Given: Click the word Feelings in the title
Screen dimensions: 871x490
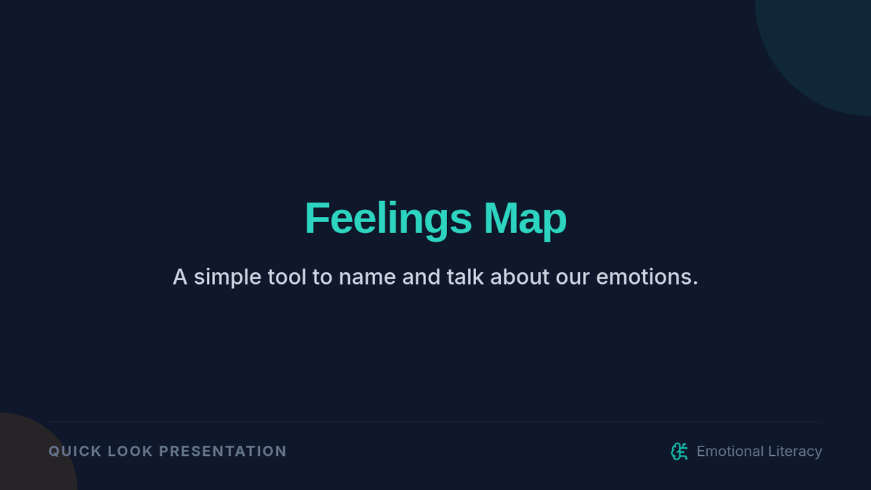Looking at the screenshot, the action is click(x=388, y=219).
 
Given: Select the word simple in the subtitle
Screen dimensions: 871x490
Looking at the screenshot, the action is click(x=227, y=277).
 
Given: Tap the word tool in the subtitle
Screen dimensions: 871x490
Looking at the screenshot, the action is click(x=287, y=277).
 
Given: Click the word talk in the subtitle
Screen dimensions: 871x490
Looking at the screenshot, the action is click(x=465, y=277).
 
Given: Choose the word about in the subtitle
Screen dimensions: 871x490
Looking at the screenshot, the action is click(x=520, y=277).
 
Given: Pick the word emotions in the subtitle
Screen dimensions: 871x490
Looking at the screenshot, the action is click(x=644, y=277).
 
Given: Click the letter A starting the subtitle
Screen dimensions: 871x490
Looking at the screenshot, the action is click(x=180, y=277).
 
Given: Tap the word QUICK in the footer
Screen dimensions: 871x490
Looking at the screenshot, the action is click(x=75, y=452).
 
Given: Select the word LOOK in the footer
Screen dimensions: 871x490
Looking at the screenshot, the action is click(x=130, y=452).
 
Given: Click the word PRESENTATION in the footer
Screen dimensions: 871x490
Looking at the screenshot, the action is click(x=223, y=452).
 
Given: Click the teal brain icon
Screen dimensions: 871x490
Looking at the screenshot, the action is click(x=679, y=452).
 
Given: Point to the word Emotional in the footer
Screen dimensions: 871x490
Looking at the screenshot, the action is click(x=730, y=452).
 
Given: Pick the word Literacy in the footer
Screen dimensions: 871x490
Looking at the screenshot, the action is click(x=795, y=452).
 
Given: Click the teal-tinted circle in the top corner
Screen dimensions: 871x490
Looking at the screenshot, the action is click(x=825, y=46).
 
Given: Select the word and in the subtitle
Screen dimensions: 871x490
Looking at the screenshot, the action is click(x=421, y=277).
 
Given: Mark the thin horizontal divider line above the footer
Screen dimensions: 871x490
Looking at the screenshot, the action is click(x=435, y=422).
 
